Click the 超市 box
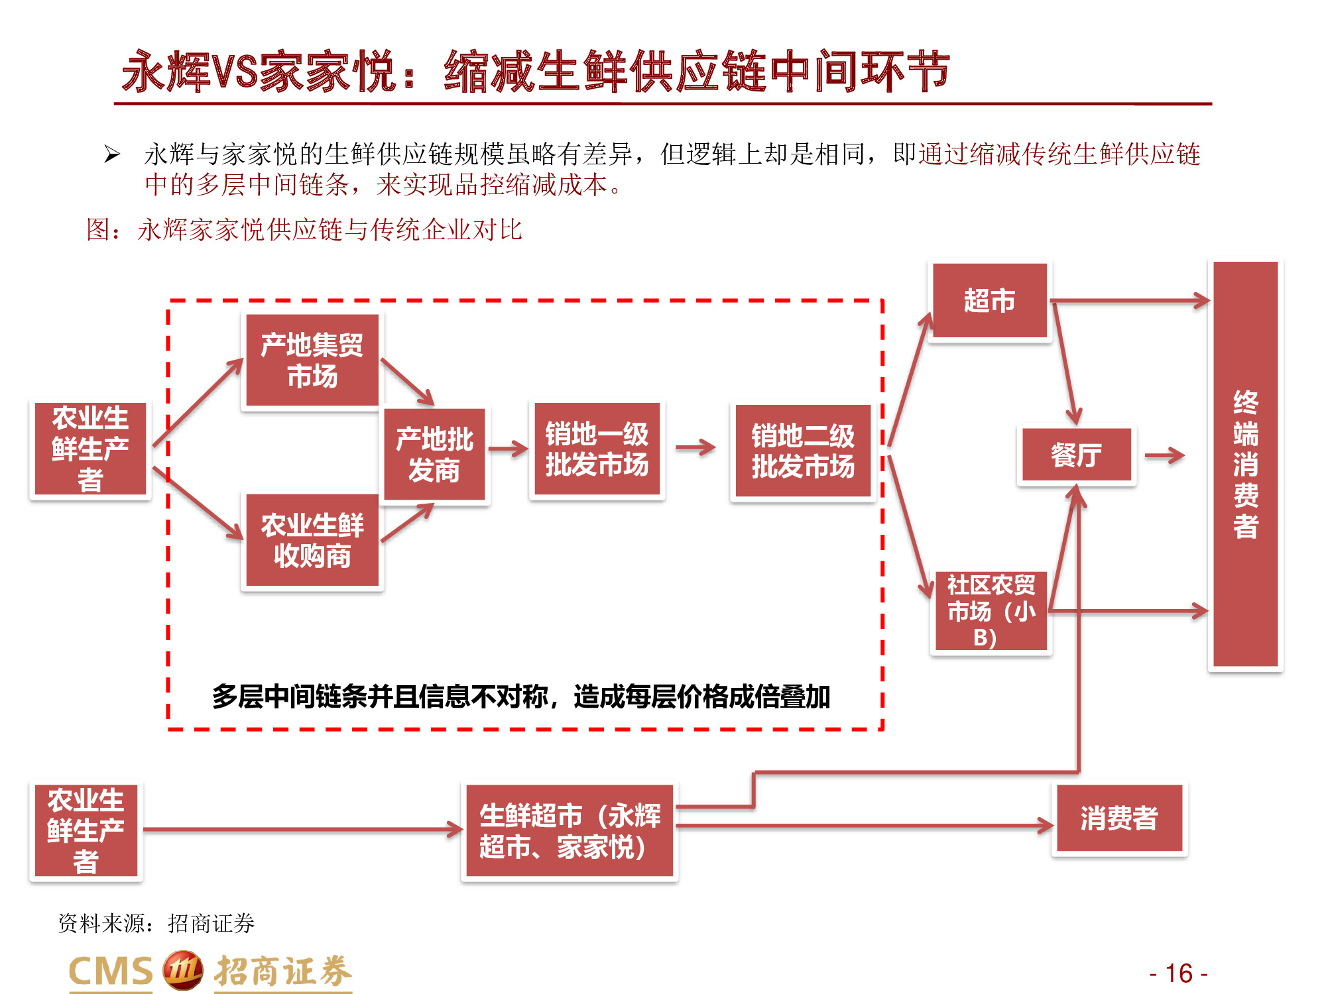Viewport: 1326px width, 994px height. coord(989,301)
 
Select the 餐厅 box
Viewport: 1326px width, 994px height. coord(1076,455)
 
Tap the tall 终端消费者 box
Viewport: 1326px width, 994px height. coord(1245,464)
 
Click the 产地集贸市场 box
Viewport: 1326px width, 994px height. coord(312,360)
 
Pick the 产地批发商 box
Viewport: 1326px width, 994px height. coord(434,455)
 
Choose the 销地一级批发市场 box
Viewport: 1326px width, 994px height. coord(597,449)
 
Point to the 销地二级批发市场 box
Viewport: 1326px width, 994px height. coord(803,451)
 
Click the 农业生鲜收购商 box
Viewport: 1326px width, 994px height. coord(312,540)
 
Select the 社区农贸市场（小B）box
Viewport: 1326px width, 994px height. coord(991,612)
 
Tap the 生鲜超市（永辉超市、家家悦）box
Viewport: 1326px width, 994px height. coord(570,831)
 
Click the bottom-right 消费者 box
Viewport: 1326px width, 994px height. coord(1118,818)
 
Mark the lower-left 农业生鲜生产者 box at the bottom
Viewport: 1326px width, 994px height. coord(86,830)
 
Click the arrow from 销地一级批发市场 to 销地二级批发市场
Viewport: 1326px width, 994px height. coord(695,448)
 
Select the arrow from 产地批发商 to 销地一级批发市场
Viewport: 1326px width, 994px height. coord(509,449)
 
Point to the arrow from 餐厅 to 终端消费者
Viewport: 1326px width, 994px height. coord(1164,455)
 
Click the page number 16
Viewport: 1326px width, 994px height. coord(1179,973)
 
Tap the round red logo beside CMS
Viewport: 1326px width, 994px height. coord(182,971)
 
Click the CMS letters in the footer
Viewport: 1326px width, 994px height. coord(111,972)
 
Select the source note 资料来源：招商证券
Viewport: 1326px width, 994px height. coord(156,923)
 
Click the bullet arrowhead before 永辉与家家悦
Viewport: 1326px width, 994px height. coord(112,155)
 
